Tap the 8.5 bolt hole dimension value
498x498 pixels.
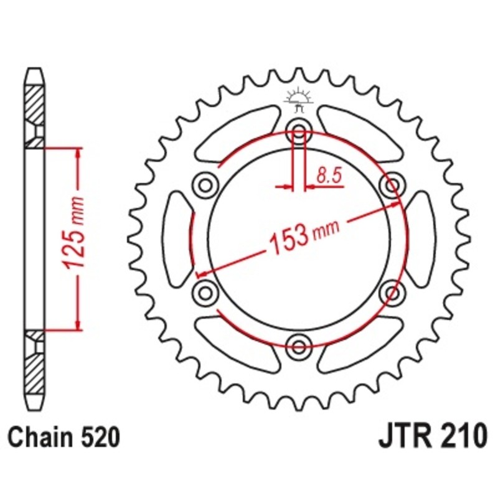329,176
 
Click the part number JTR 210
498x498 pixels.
431,436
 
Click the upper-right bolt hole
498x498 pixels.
392,185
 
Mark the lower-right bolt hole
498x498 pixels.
392,292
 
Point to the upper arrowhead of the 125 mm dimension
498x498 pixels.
78,153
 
